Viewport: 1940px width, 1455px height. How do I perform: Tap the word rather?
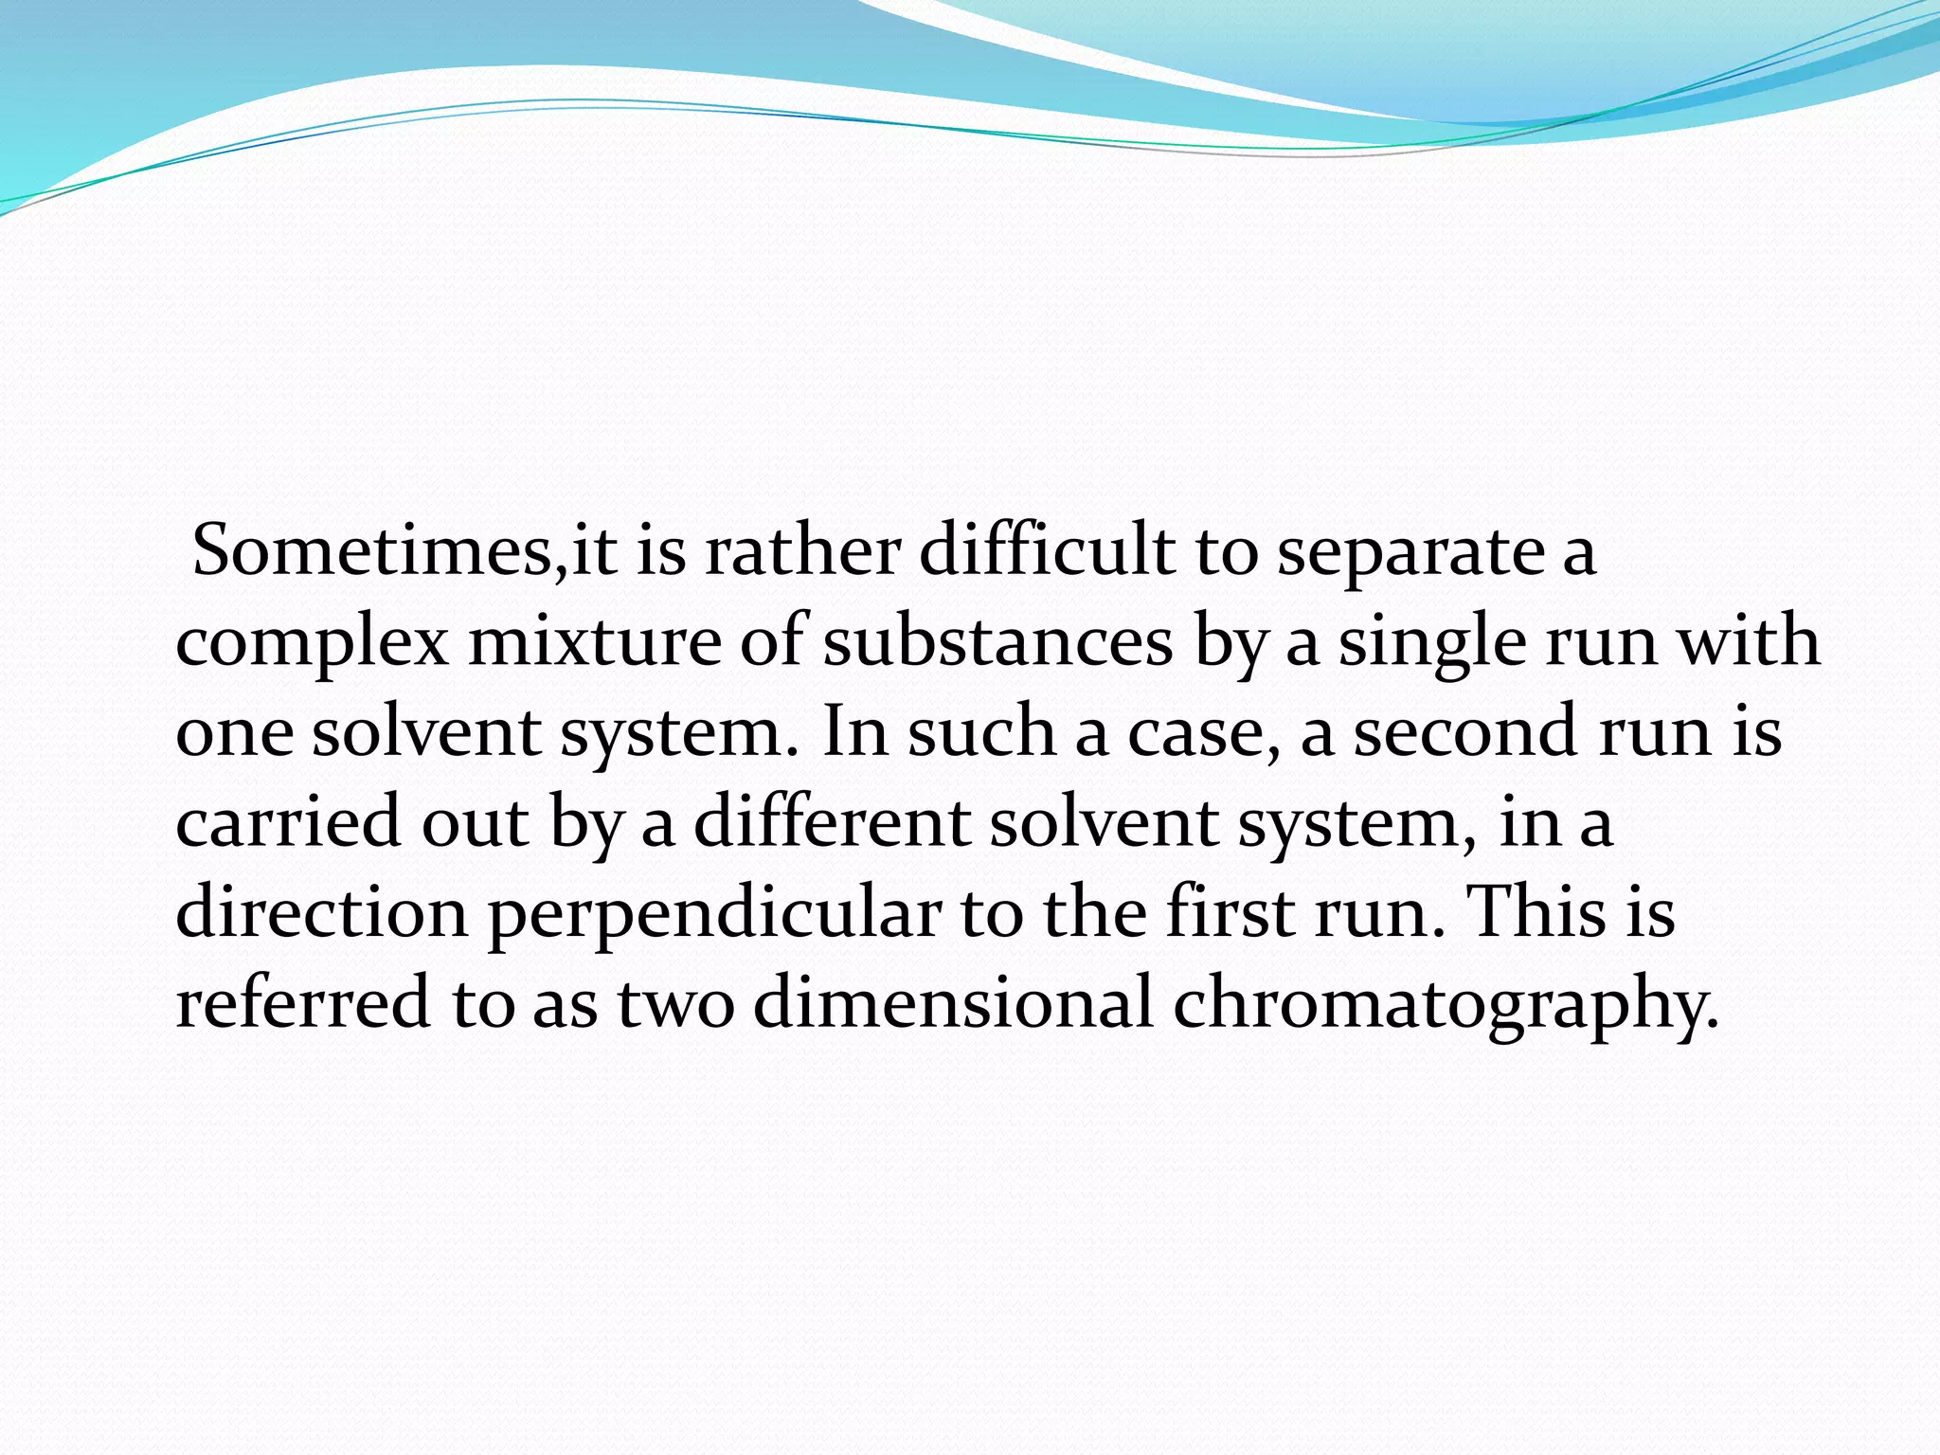pos(801,551)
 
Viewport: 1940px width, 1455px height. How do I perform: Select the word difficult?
pos(1046,551)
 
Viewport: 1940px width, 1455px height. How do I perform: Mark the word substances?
pos(998,642)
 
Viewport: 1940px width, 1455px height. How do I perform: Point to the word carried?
pos(288,822)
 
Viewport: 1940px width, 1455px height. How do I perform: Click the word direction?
pos(322,913)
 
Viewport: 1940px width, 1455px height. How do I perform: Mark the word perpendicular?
pos(714,915)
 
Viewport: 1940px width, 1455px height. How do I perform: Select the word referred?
pos(303,1002)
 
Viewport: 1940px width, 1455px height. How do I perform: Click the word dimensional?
pos(953,1002)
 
